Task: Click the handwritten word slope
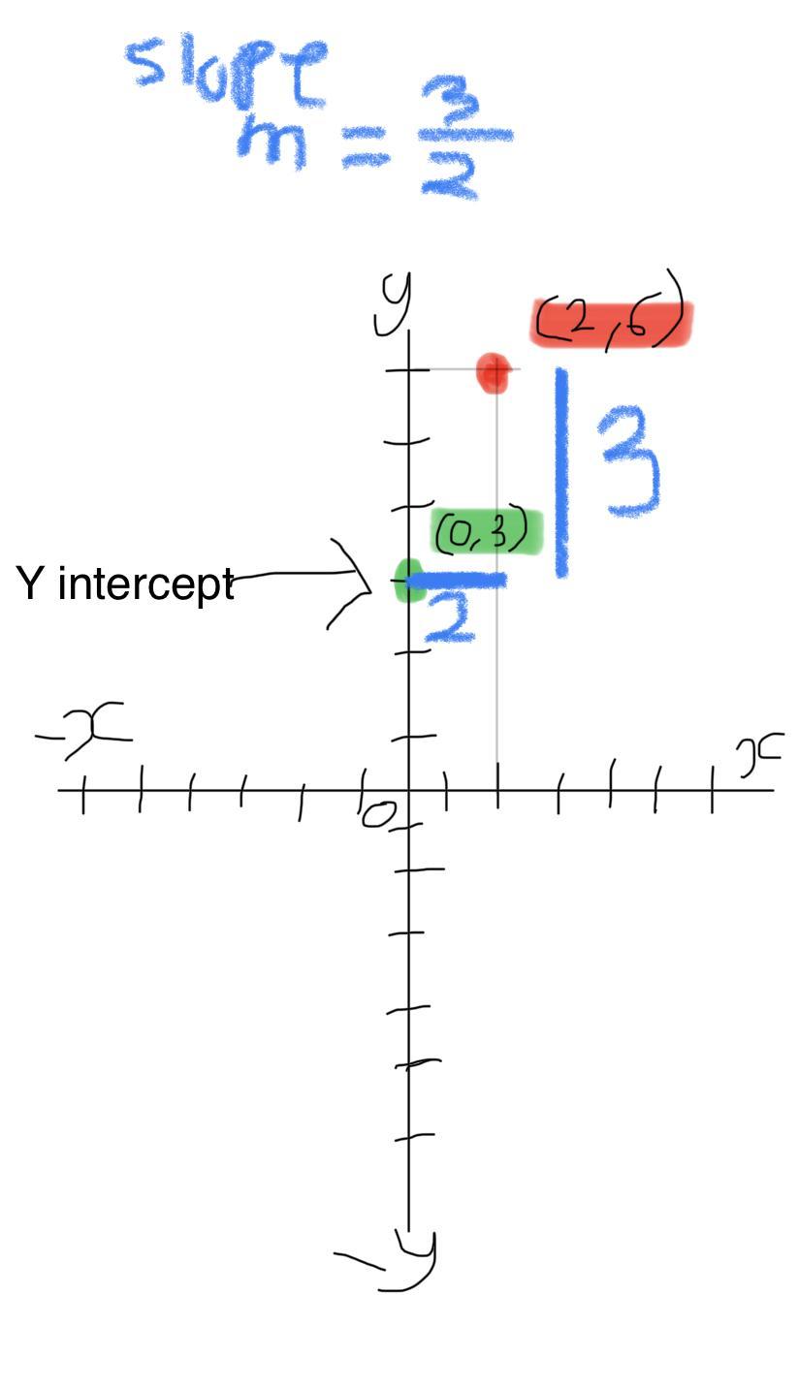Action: [x=229, y=68]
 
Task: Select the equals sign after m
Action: [x=366, y=150]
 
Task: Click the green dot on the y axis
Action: [x=408, y=580]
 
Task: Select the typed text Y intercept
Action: [x=125, y=584]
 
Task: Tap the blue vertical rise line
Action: [x=560, y=473]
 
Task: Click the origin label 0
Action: [x=378, y=815]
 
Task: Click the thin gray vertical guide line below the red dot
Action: [x=497, y=678]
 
